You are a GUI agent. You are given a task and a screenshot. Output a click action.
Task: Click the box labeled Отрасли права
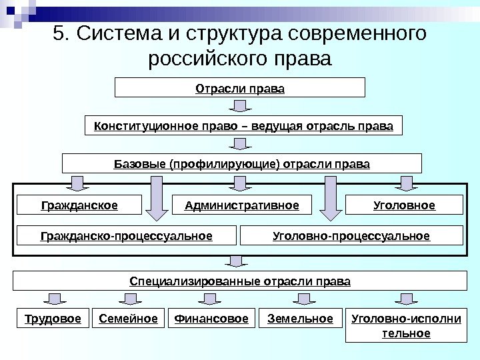point(240,87)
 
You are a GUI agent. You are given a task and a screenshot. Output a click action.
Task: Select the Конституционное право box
point(244,125)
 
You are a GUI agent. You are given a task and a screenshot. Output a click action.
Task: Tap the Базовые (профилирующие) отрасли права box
point(241,163)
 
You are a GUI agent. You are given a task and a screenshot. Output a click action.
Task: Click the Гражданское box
point(79,205)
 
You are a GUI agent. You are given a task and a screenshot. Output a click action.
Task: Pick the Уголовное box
point(404,205)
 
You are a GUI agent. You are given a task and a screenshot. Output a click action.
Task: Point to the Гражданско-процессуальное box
point(126,235)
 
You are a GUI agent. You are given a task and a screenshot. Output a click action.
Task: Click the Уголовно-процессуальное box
point(351,235)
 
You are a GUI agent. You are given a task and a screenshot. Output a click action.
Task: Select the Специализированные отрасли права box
point(239,281)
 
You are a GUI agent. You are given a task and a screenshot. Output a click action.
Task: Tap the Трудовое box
point(52,319)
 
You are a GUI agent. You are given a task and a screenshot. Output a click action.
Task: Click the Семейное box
point(128,319)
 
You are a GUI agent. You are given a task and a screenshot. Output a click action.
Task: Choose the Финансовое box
point(211,319)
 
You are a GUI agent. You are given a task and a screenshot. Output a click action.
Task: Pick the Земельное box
point(300,319)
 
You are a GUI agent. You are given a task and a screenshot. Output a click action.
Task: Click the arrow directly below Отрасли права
point(239,107)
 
